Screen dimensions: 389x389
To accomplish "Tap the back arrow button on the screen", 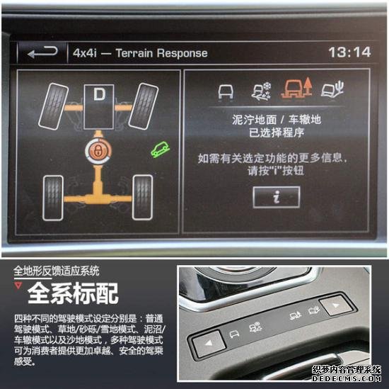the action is click(42, 52).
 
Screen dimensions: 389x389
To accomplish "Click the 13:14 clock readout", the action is click(349, 52).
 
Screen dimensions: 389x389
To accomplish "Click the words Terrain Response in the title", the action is click(161, 53).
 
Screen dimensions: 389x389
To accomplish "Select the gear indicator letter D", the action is click(99, 94).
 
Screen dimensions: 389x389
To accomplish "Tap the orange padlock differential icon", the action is click(98, 151).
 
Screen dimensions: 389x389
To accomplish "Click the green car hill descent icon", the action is click(161, 150).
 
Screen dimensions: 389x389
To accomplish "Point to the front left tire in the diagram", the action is click(53, 106).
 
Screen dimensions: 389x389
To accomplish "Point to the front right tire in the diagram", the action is click(144, 106).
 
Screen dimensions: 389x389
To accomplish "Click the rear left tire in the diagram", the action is click(53, 198).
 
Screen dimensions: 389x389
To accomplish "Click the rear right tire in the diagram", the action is click(142, 198).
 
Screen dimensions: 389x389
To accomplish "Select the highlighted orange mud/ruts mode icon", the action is click(296, 89).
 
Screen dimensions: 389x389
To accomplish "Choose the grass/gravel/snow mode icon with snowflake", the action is click(262, 91).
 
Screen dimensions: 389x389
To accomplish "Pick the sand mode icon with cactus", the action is click(332, 89).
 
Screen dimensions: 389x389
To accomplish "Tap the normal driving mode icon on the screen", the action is click(226, 91).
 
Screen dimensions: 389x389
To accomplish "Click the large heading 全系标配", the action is click(73, 293).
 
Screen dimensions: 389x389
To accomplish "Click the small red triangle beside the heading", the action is click(18, 285).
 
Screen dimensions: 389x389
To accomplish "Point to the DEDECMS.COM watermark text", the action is click(347, 378).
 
